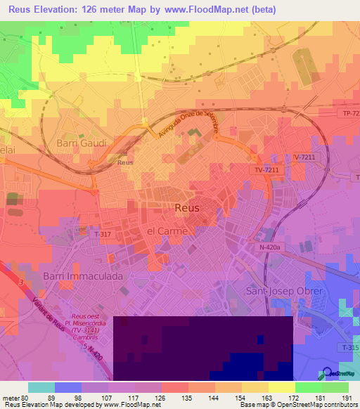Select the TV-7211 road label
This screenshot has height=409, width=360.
tap(266, 170)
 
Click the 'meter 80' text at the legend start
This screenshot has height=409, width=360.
tap(15, 397)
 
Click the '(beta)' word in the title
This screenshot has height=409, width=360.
tap(264, 10)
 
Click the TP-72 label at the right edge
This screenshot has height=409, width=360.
tap(349, 113)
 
